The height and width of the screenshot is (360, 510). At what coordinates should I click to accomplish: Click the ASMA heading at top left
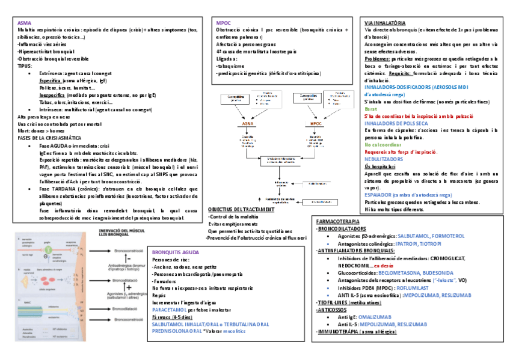(x=25, y=22)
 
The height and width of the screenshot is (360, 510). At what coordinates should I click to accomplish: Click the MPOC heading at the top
(x=223, y=22)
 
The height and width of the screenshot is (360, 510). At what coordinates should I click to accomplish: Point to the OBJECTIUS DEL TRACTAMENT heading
(x=241, y=210)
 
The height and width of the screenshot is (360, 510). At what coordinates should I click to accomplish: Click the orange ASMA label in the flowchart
(x=248, y=123)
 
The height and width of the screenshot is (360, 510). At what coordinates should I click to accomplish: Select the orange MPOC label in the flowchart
(x=317, y=123)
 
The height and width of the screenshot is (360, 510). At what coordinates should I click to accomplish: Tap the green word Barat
(x=370, y=109)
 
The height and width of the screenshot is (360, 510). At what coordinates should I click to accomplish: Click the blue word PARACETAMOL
(x=171, y=310)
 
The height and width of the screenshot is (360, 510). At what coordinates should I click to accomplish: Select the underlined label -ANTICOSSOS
(x=334, y=310)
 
